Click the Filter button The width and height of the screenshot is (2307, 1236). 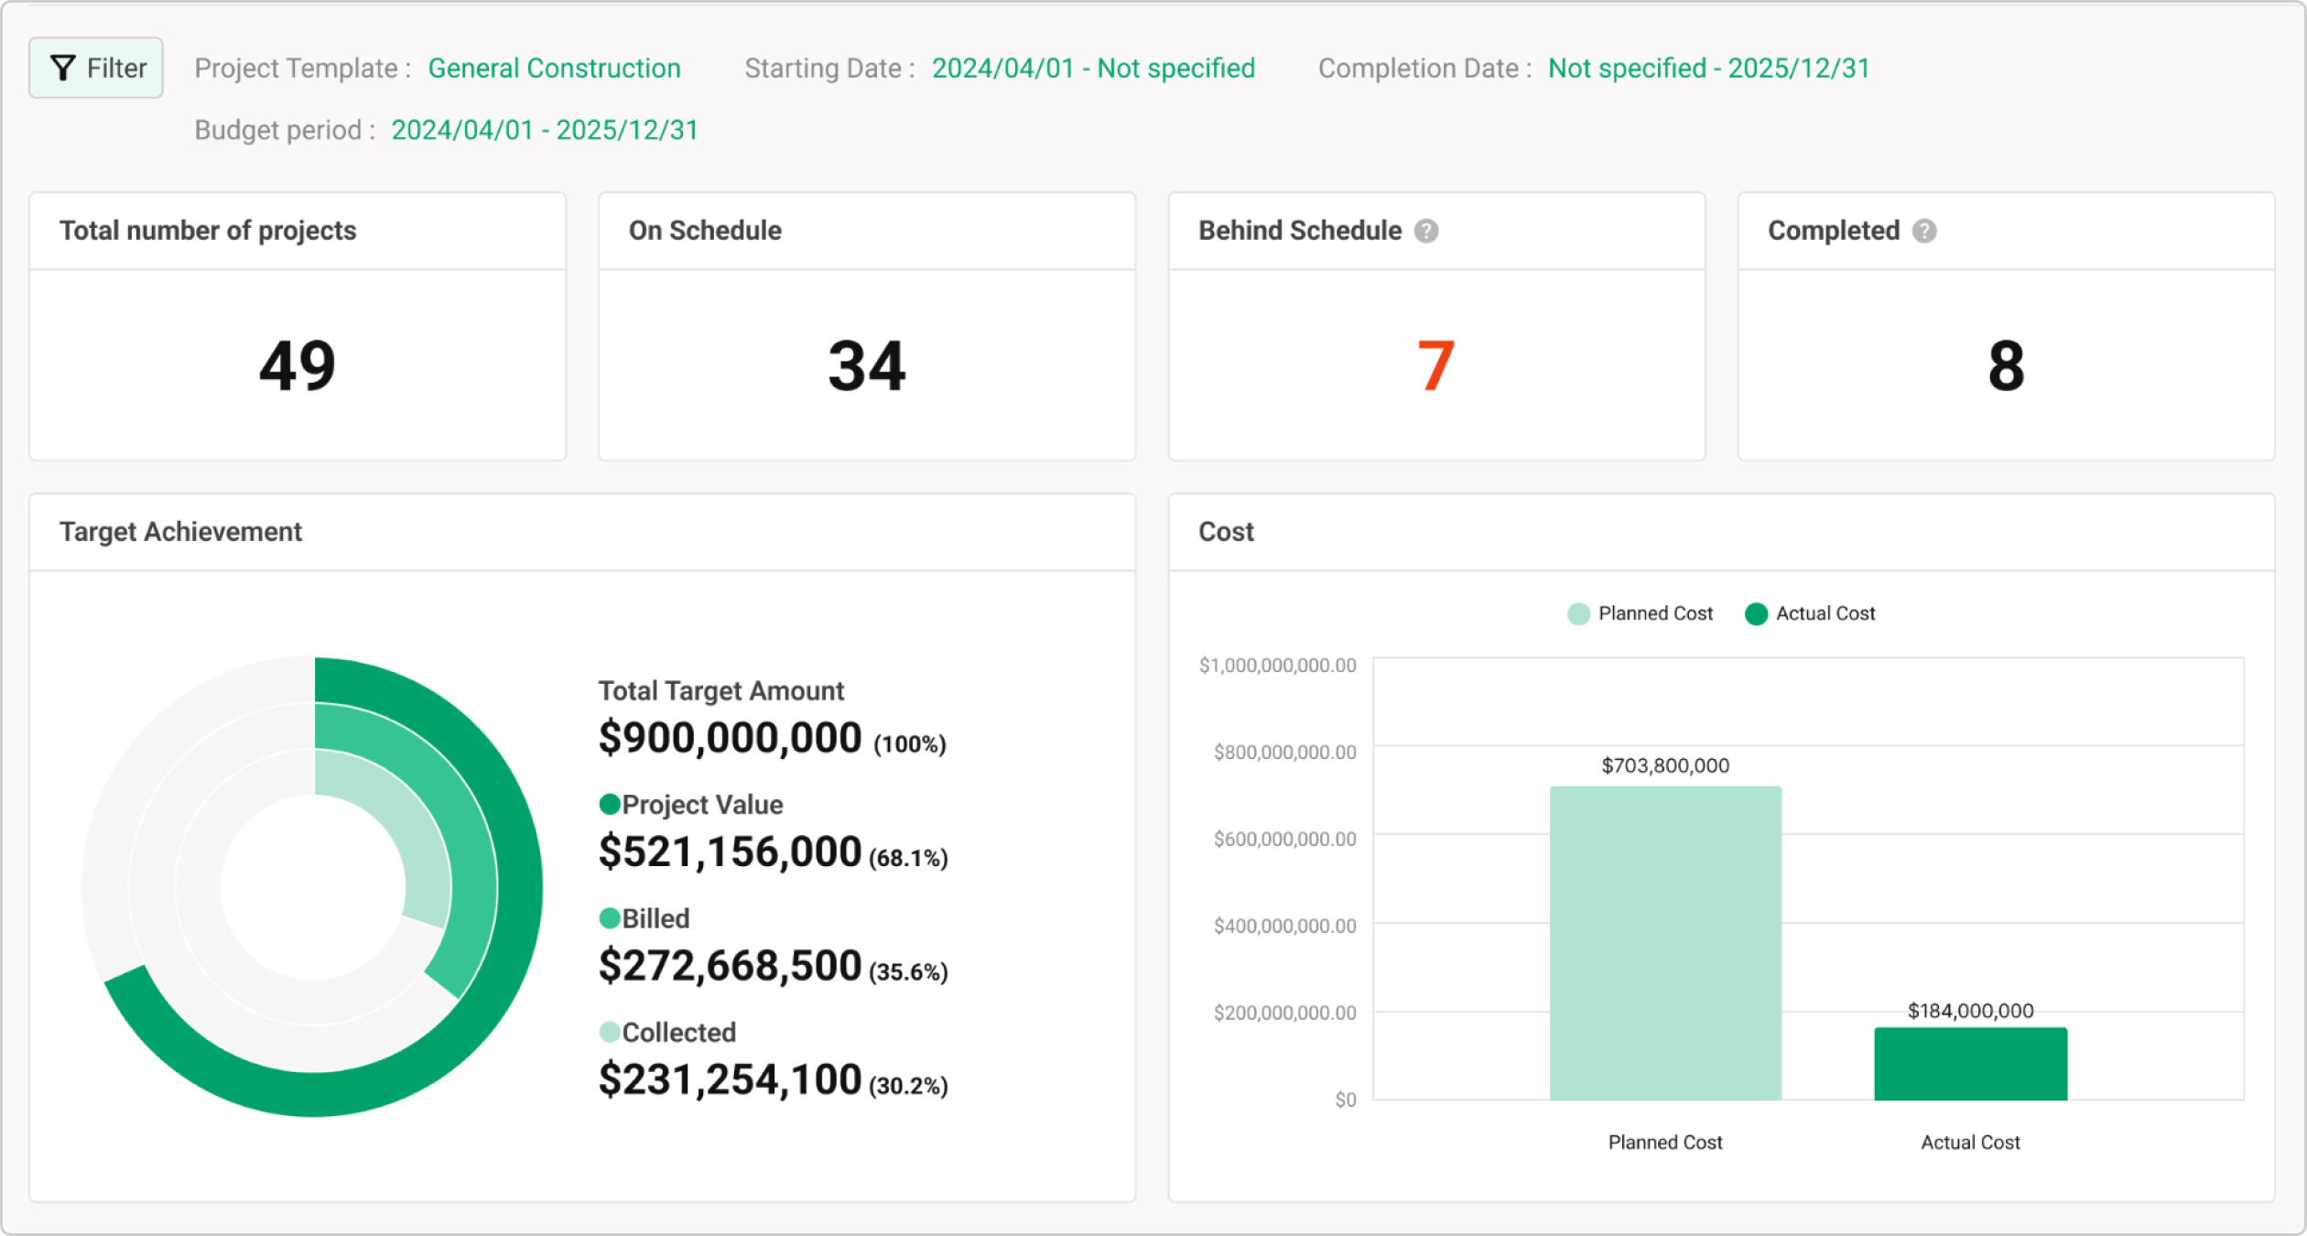[96, 68]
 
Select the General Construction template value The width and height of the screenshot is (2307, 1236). [554, 69]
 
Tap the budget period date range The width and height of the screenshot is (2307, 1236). [544, 130]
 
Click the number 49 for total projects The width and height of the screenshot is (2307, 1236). [298, 366]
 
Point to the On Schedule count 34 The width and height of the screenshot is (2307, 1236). [866, 366]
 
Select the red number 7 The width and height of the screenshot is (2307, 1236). [1435, 366]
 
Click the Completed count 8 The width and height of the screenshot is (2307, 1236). [2006, 366]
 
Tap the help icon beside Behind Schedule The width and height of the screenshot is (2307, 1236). [1425, 231]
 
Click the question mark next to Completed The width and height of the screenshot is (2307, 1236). [1924, 231]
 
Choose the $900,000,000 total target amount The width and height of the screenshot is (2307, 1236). [730, 738]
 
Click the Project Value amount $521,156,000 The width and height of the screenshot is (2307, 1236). [730, 852]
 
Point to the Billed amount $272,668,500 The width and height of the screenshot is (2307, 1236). [730, 966]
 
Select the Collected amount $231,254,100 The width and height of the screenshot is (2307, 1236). [730, 1079]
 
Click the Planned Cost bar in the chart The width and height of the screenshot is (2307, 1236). [1665, 943]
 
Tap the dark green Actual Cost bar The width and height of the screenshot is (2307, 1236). [1970, 1064]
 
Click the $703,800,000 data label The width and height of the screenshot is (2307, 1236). [1665, 765]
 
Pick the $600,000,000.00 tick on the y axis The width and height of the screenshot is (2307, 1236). [1284, 839]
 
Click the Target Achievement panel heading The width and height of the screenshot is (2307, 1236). [180, 532]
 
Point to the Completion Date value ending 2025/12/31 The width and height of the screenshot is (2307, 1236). [1708, 69]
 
